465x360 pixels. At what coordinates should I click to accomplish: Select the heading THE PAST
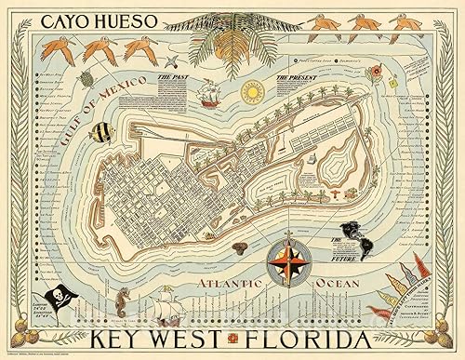(178, 81)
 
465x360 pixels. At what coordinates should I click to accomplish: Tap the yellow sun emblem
(250, 94)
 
